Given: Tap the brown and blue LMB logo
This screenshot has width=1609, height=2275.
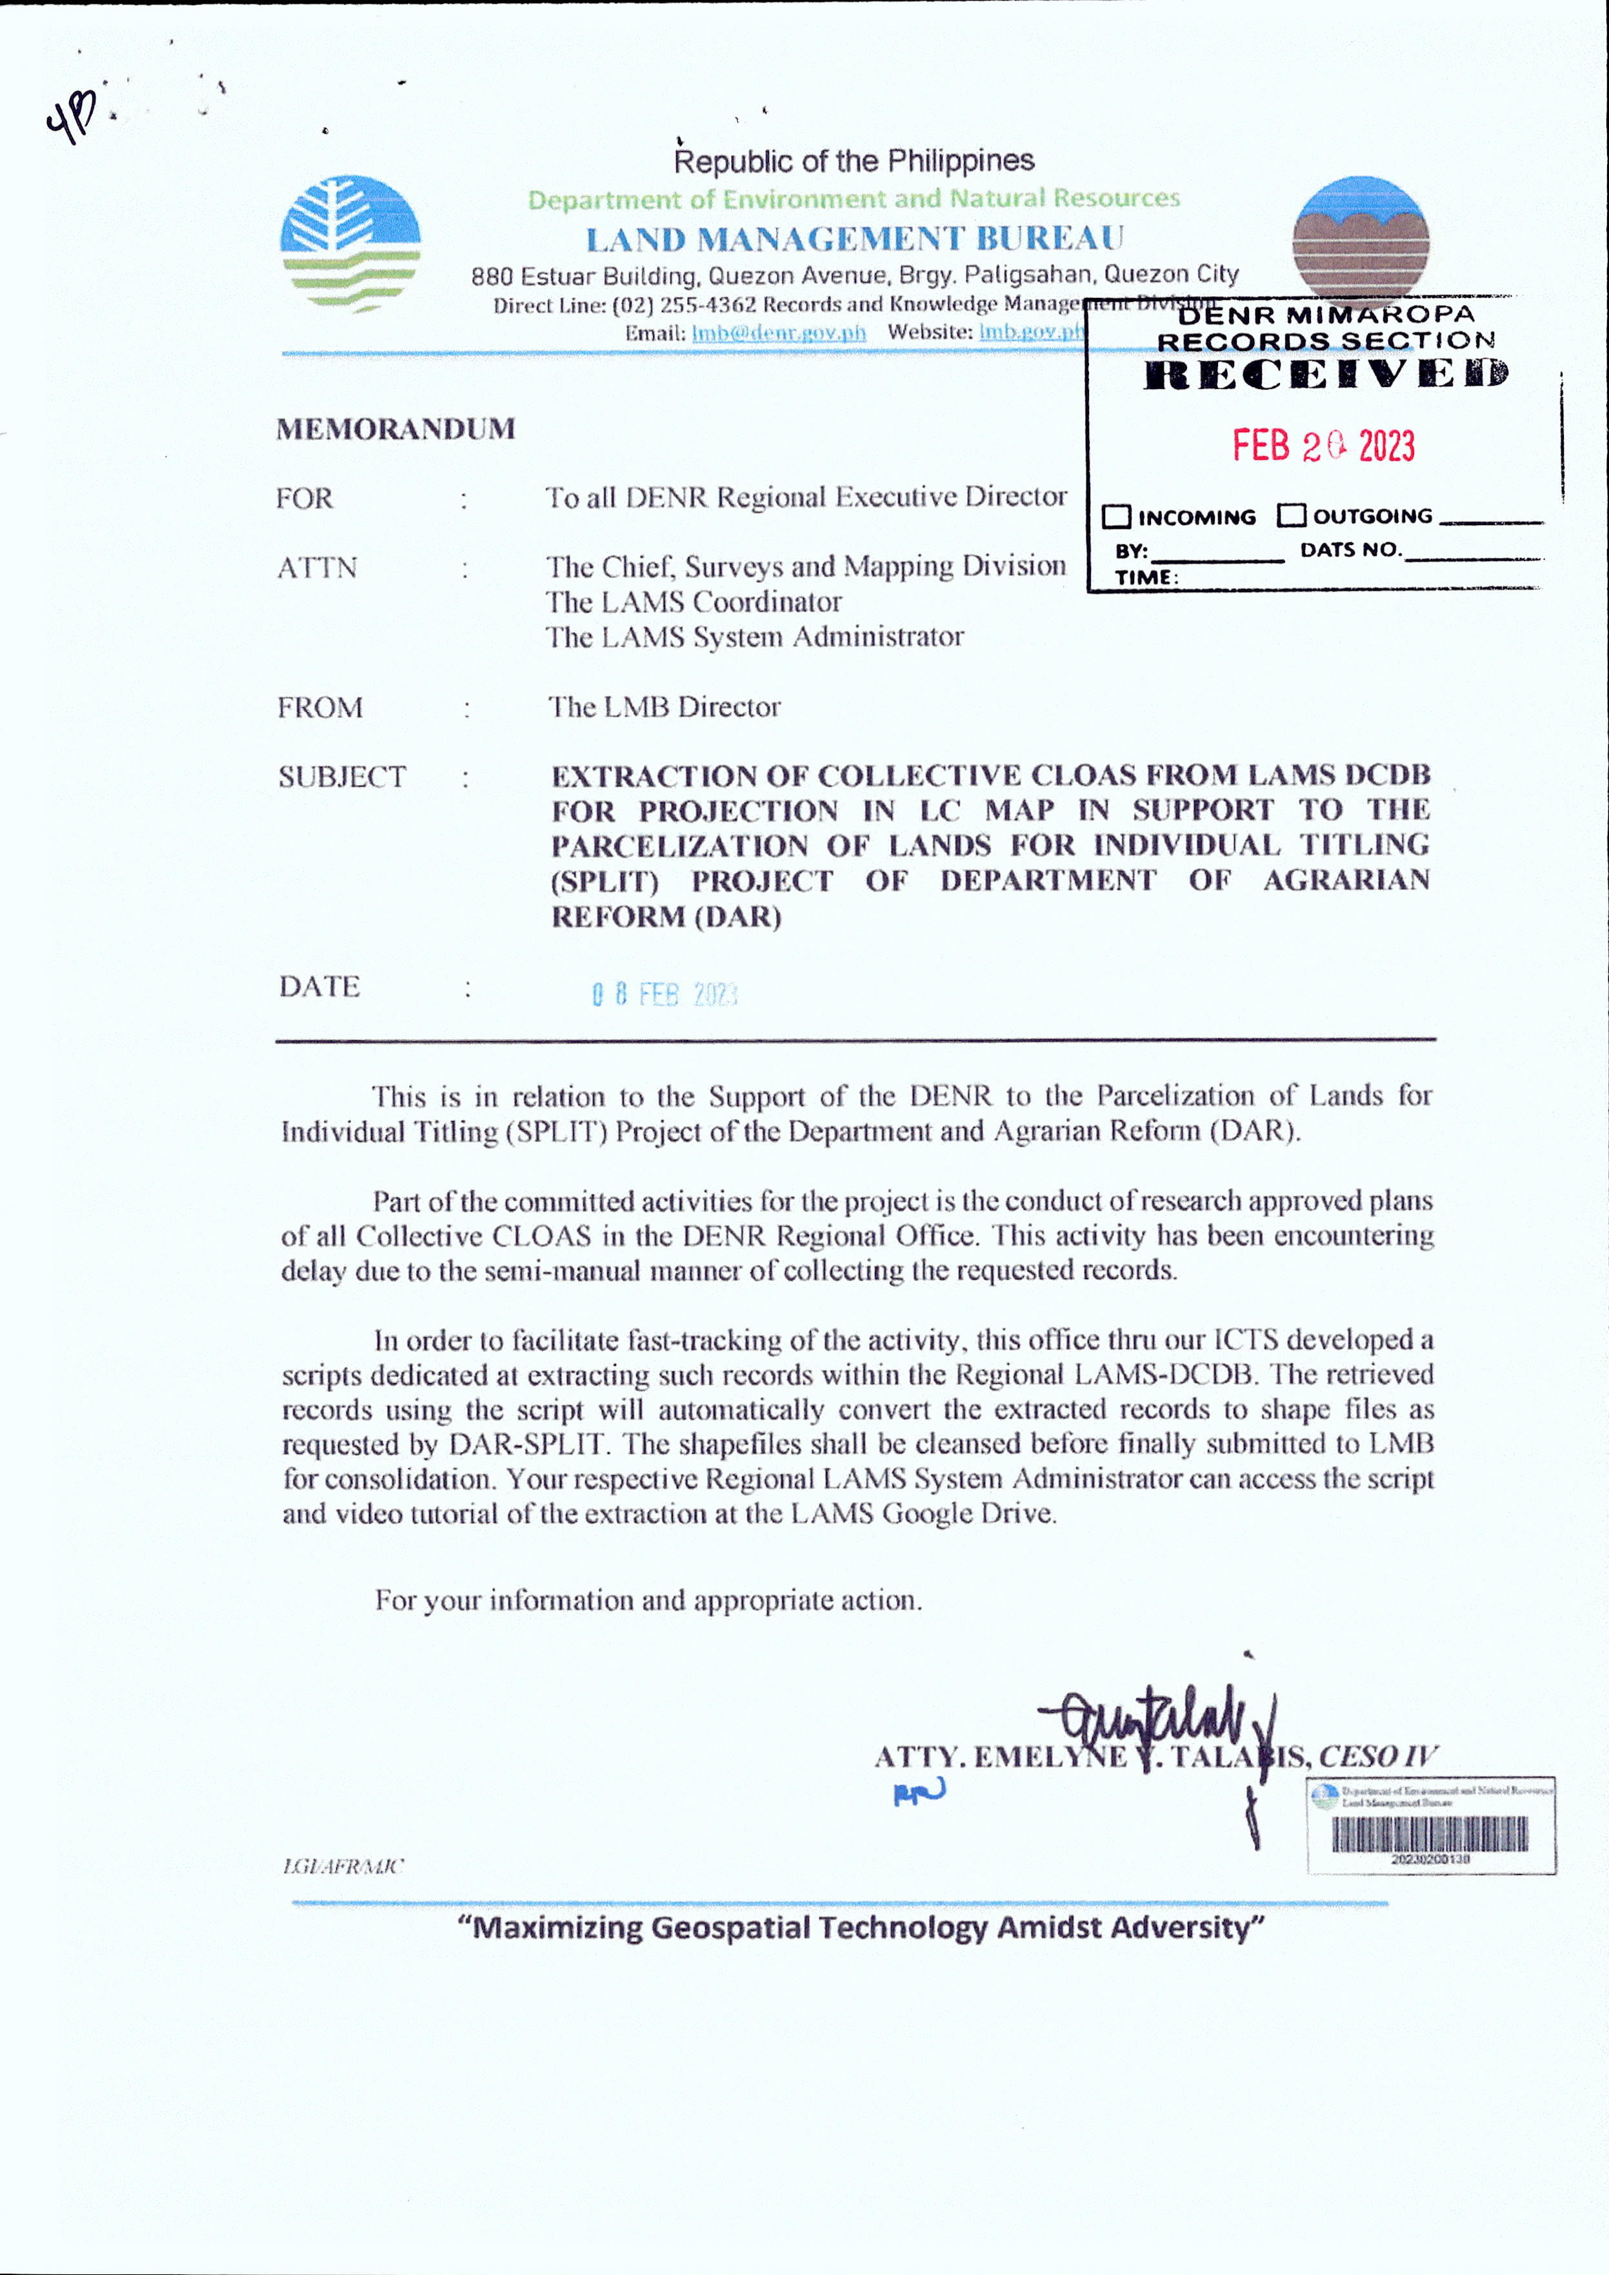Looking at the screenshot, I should (x=1361, y=238).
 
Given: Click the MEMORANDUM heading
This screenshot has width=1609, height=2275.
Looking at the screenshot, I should (x=395, y=429).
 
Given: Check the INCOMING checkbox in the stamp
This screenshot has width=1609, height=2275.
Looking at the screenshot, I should (x=1117, y=516).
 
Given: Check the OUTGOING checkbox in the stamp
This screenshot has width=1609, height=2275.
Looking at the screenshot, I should (x=1291, y=515).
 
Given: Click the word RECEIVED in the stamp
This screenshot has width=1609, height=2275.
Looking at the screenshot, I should (x=1326, y=375).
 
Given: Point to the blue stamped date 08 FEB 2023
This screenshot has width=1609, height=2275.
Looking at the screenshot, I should (x=665, y=994).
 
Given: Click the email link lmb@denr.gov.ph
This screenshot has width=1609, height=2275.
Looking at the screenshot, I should (x=778, y=333).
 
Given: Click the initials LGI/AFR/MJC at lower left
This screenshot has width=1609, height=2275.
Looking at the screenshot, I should (x=343, y=1866).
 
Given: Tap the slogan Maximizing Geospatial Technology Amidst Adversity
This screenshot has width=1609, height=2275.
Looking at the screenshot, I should (x=861, y=1927).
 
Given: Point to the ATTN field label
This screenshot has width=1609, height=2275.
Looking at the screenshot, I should (x=317, y=568).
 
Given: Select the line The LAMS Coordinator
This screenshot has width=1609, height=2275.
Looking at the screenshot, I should (x=694, y=601).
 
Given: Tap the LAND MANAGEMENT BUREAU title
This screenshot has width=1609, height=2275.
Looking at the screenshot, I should (x=855, y=239).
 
